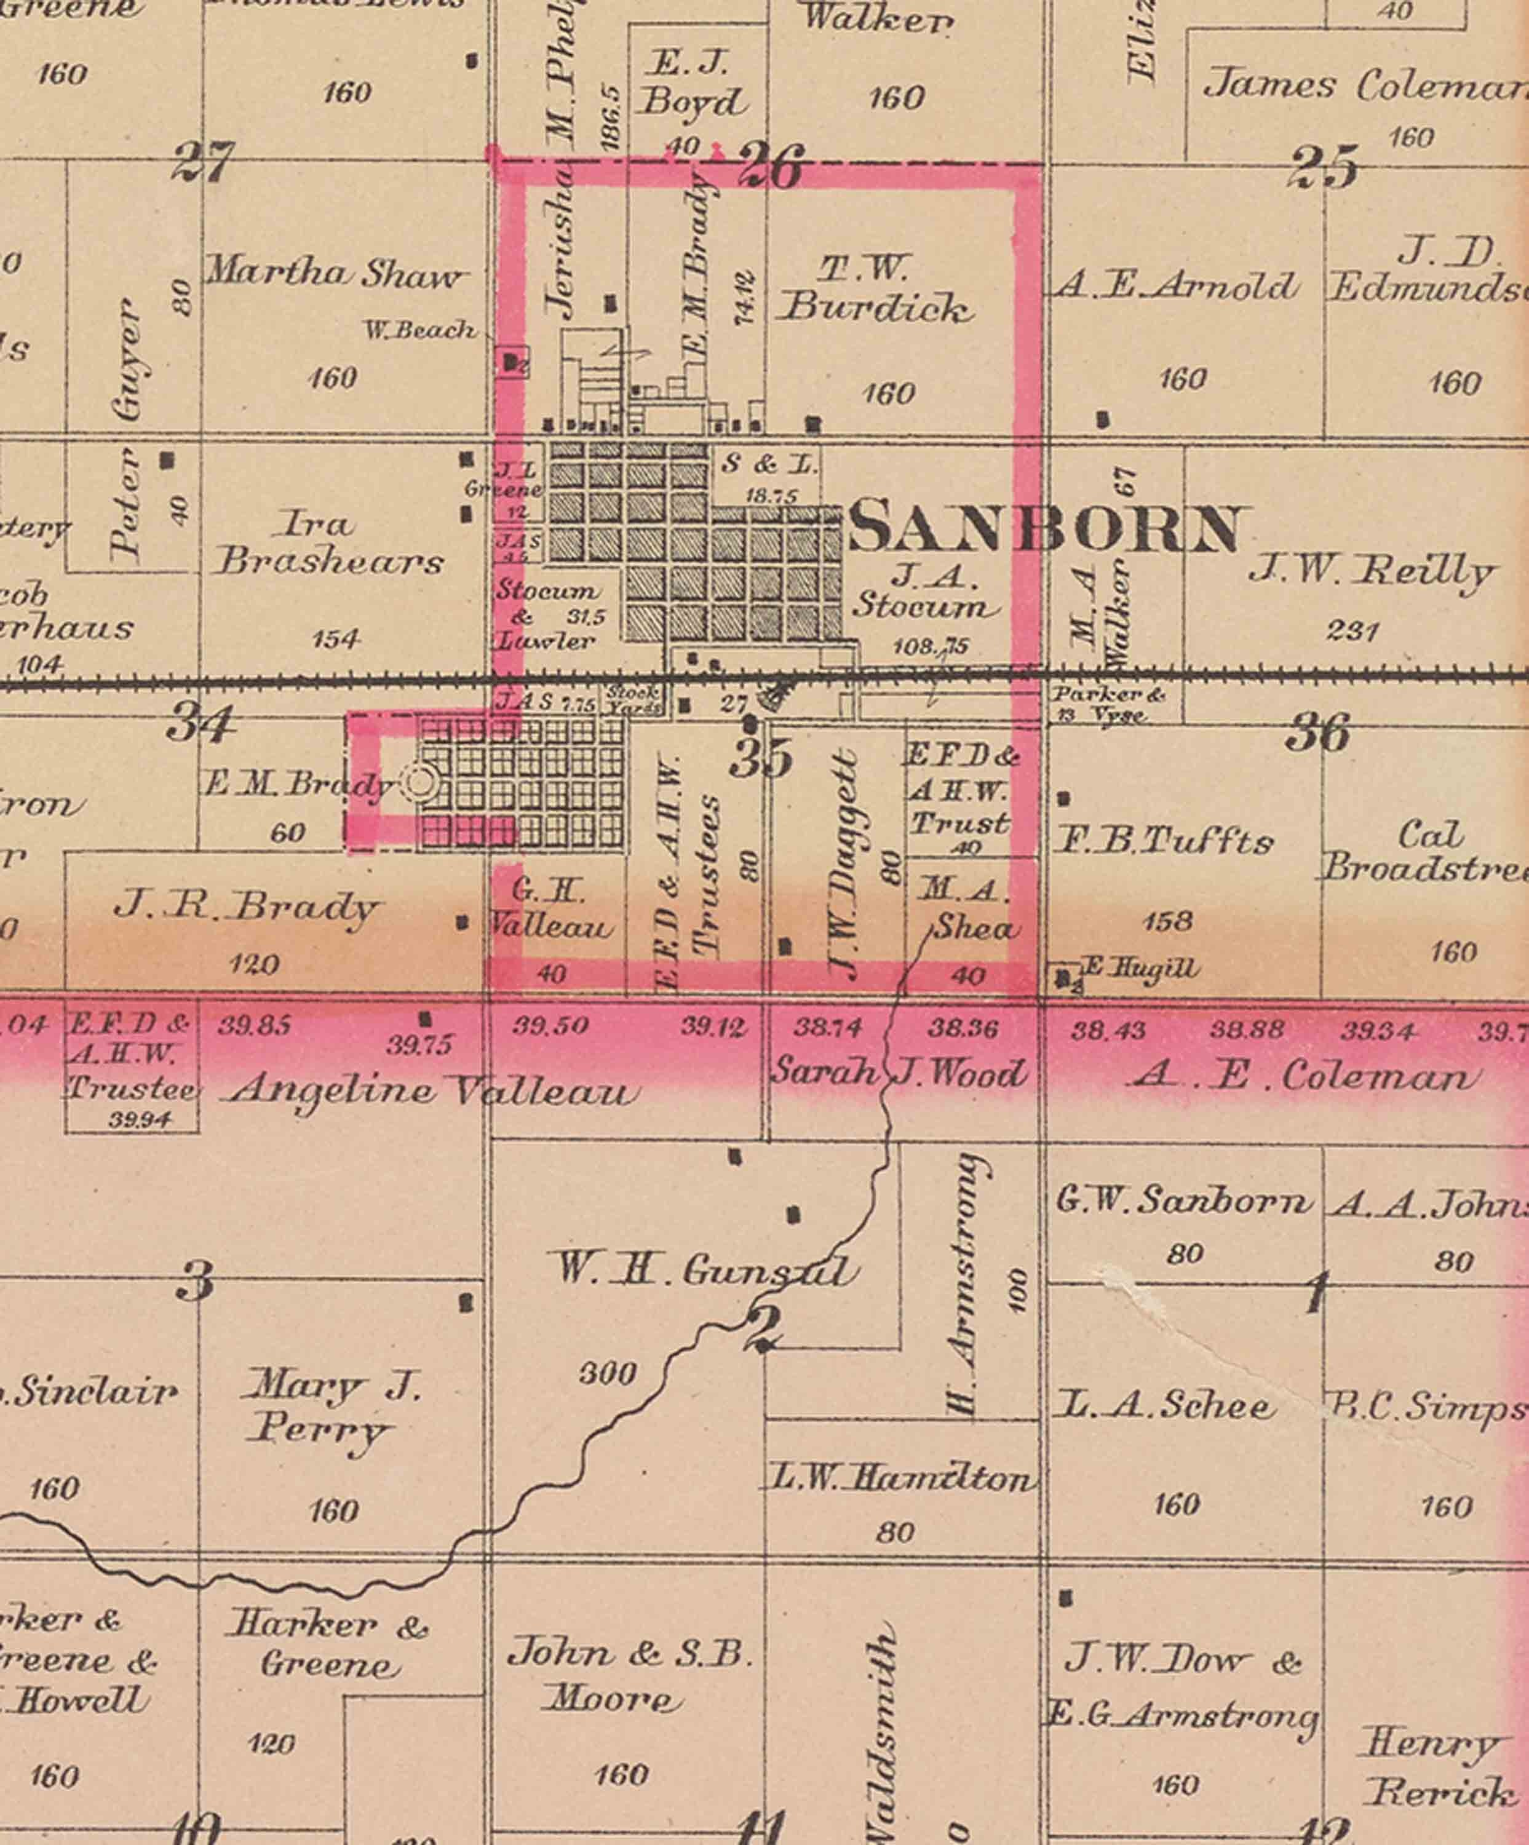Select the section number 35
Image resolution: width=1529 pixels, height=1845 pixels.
click(x=761, y=757)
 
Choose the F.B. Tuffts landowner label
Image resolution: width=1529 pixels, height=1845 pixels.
click(x=1164, y=843)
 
